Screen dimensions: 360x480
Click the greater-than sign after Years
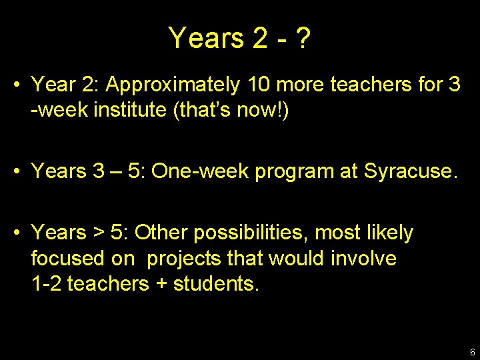coord(98,233)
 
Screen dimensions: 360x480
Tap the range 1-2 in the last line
coord(46,283)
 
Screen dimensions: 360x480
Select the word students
coord(216,283)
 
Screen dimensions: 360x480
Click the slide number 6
coord(472,352)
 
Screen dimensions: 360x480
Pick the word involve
coord(365,258)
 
